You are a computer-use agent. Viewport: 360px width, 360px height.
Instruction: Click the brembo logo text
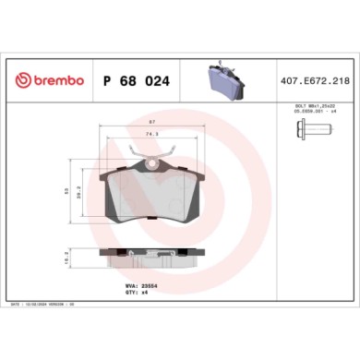pyautogui.click(x=55, y=82)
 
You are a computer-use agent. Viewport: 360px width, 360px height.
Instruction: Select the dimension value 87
pyautogui.click(x=152, y=122)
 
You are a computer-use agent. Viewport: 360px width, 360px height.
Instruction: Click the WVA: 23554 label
pyautogui.click(x=138, y=286)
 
